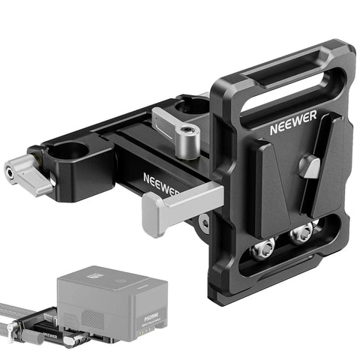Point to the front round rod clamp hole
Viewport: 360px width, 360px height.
[72, 154]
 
